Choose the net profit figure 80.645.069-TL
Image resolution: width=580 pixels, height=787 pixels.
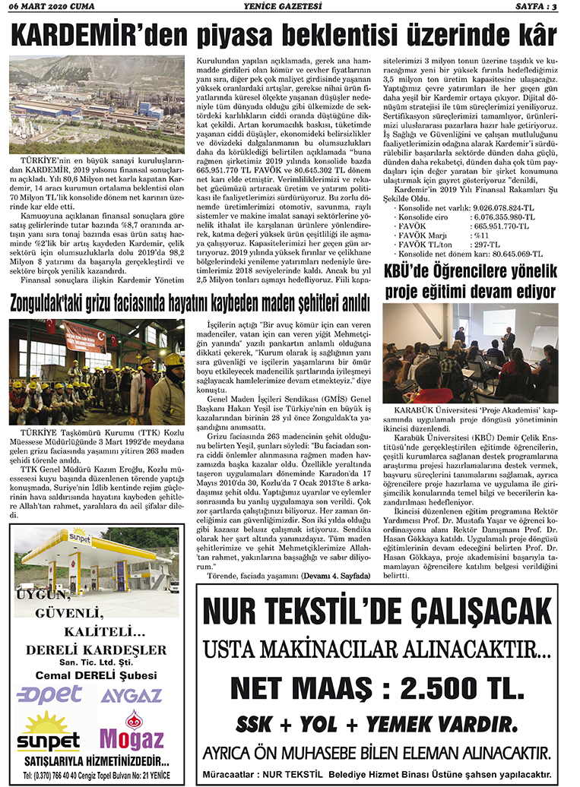[511, 254]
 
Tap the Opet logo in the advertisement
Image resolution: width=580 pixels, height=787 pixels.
[50, 694]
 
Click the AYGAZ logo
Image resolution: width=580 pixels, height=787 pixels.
[131, 695]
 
